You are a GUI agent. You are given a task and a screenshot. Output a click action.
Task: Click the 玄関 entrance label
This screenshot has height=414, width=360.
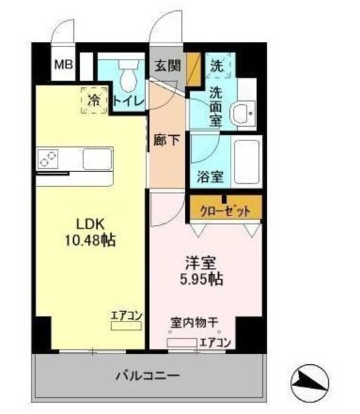[x=167, y=65]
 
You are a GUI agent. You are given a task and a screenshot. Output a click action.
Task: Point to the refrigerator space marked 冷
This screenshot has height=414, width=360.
[x=93, y=101]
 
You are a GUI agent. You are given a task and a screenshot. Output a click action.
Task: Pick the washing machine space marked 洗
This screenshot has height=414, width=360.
[x=218, y=65]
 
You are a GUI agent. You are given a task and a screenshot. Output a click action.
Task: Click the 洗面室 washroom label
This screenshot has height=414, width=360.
[x=216, y=105]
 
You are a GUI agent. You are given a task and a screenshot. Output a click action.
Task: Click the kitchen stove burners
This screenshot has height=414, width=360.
[x=48, y=158]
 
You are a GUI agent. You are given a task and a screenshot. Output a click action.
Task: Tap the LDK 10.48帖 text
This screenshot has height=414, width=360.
[x=90, y=232]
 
